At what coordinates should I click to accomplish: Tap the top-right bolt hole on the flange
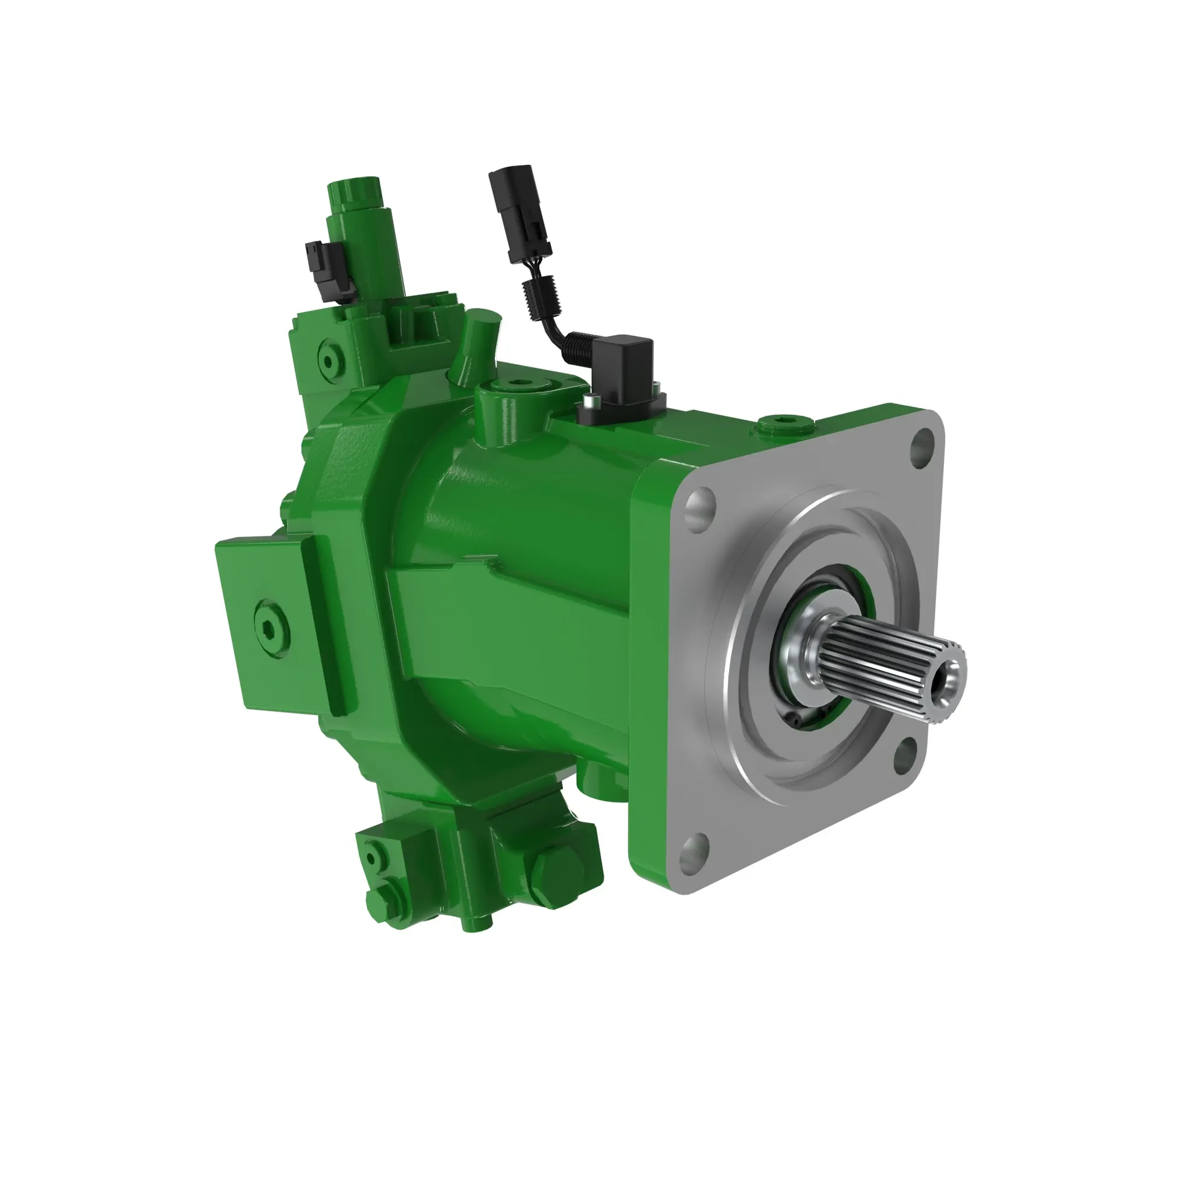[x=922, y=444]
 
